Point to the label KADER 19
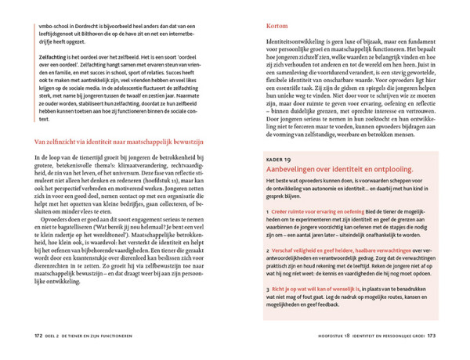[280, 180]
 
